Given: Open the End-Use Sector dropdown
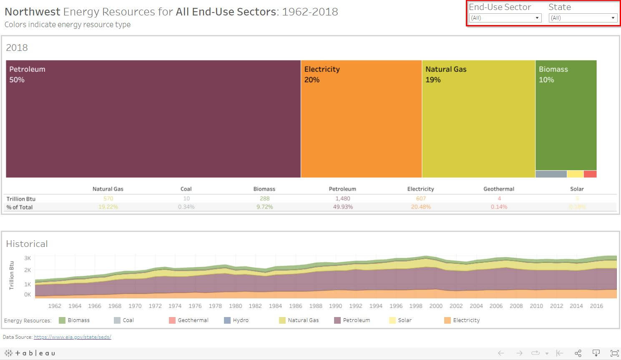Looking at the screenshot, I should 505,18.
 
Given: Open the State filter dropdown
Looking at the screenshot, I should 583,18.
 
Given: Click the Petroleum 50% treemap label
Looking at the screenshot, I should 27,74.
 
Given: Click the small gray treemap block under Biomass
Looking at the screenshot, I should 551,174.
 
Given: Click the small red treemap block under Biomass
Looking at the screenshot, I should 590,174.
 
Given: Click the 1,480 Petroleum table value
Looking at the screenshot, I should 342,199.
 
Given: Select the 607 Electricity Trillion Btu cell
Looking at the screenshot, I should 421,199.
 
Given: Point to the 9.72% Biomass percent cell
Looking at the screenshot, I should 264,207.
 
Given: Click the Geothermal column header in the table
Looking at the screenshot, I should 498,189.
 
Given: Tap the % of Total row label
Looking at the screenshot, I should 20,207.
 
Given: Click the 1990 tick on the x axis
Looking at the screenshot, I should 335,306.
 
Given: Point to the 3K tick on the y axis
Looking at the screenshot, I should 28,258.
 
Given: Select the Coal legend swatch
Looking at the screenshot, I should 117,320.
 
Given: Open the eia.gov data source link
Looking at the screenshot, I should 72,337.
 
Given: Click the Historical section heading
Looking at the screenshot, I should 27,244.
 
